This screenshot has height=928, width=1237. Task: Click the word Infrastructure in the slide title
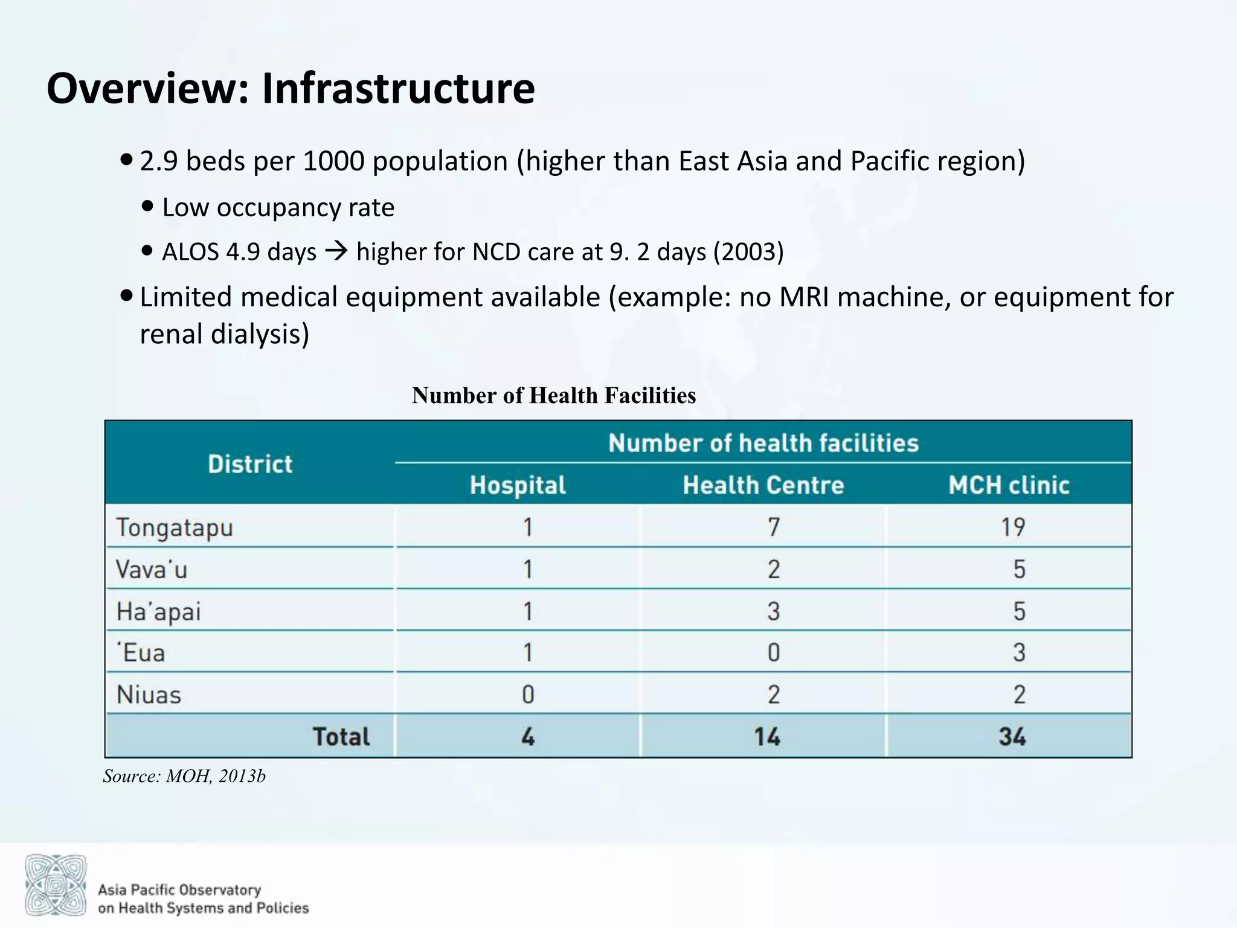pyautogui.click(x=398, y=89)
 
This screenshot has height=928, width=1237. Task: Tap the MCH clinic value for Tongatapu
pyautogui.click(x=1013, y=527)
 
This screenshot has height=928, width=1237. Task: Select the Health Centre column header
pyautogui.click(x=763, y=485)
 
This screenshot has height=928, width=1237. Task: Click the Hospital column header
pyautogui.click(x=518, y=485)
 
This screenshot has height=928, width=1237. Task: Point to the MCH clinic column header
pyautogui.click(x=1009, y=485)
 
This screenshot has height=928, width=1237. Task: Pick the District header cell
pyautogui.click(x=250, y=464)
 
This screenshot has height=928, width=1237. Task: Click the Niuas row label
pyautogui.click(x=149, y=695)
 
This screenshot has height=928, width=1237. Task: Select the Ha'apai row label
pyautogui.click(x=158, y=611)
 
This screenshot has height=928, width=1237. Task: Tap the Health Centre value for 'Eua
pyautogui.click(x=773, y=652)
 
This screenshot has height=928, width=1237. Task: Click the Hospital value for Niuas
pyautogui.click(x=528, y=695)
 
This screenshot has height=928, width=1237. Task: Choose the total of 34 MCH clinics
pyautogui.click(x=1012, y=736)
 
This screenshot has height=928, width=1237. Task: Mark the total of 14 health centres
pyautogui.click(x=766, y=736)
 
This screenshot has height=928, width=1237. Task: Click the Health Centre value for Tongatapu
pyautogui.click(x=773, y=527)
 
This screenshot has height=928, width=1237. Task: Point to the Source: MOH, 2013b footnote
pyautogui.click(x=184, y=776)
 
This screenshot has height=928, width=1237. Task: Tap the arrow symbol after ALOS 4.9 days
pyautogui.click(x=336, y=251)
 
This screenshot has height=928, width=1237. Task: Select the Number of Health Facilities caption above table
pyautogui.click(x=553, y=395)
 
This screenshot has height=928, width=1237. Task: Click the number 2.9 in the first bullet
pyautogui.click(x=158, y=161)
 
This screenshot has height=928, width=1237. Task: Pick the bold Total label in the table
pyautogui.click(x=341, y=736)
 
